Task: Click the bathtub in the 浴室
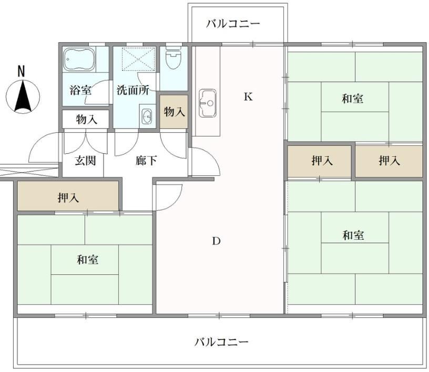tap(79, 59)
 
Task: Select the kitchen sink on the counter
tap(207, 103)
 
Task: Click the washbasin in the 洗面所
tap(147, 116)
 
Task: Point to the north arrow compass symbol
tap(23, 97)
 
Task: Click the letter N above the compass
tap(21, 71)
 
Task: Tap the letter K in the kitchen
tap(248, 97)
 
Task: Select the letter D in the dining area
tap(216, 241)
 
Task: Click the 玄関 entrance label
tap(85, 161)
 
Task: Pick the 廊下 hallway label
tap(146, 161)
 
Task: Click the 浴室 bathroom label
tap(80, 90)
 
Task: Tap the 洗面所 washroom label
tap(133, 90)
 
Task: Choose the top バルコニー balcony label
tap(233, 24)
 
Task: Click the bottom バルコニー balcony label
tap(222, 342)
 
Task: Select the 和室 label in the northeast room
tap(353, 99)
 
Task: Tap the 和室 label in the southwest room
tap(88, 260)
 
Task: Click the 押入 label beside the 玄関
tap(68, 197)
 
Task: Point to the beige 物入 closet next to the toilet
tap(174, 111)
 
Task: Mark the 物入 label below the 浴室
tap(86, 119)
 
